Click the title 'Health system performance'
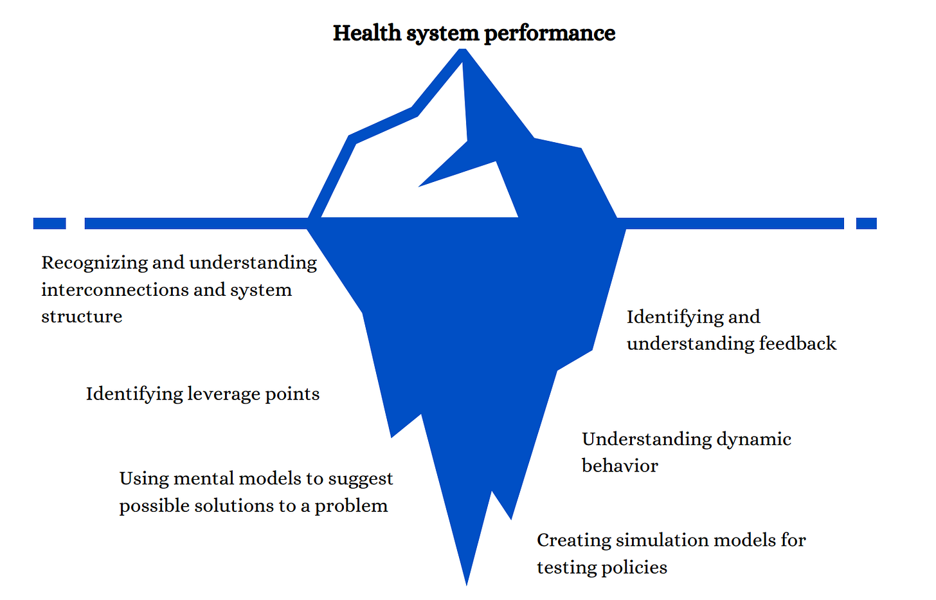(474, 33)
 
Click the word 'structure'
(82, 316)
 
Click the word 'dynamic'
(753, 439)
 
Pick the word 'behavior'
(620, 466)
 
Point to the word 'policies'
(634, 567)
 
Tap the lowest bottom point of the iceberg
(467, 583)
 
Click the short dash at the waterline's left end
(50, 223)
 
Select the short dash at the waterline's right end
(866, 223)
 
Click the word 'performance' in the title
(549, 33)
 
